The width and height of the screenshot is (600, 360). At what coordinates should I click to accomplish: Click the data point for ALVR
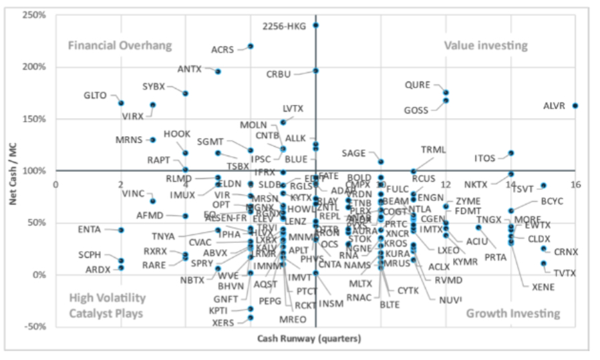click(x=575, y=106)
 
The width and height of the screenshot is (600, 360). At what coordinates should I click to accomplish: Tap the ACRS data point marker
click(x=251, y=46)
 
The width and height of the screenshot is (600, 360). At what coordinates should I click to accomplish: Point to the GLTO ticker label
click(x=96, y=96)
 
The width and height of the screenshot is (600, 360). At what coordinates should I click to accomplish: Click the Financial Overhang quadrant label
click(x=120, y=45)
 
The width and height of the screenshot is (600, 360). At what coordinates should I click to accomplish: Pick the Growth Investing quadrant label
click(x=512, y=313)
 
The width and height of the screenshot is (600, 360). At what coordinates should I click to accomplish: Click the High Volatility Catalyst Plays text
click(x=107, y=305)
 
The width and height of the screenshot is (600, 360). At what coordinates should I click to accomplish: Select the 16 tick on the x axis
click(x=575, y=184)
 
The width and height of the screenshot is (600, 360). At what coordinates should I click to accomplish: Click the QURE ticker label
click(x=418, y=85)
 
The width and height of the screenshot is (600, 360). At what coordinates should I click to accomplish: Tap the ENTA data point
click(x=121, y=230)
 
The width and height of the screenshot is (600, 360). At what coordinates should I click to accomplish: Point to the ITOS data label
click(x=485, y=158)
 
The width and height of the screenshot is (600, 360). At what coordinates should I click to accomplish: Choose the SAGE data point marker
click(x=381, y=162)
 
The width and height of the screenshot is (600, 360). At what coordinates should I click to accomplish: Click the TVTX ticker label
click(x=565, y=273)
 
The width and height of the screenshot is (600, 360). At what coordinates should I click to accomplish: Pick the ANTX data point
click(x=218, y=71)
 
